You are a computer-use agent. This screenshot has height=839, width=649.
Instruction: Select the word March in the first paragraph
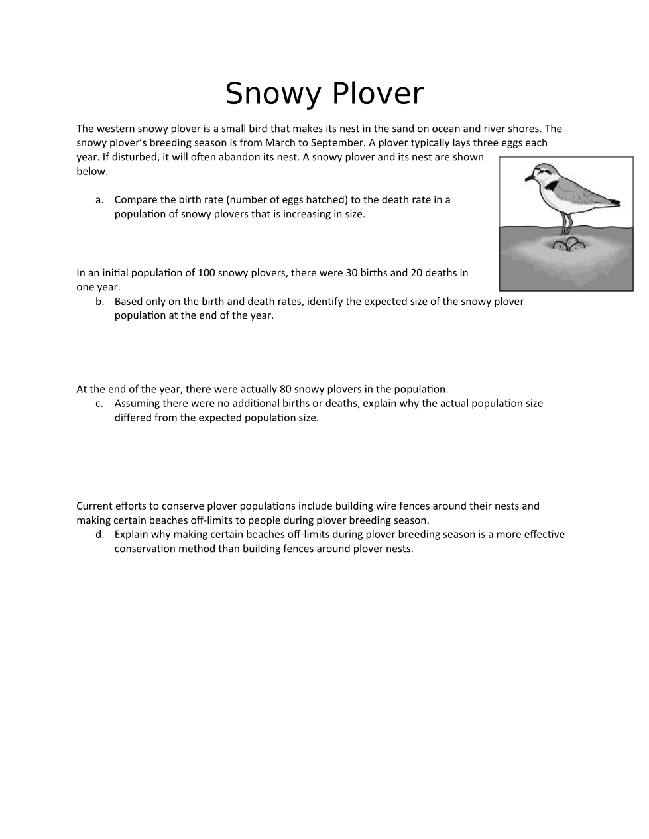(x=280, y=142)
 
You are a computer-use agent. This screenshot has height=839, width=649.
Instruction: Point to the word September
(x=335, y=142)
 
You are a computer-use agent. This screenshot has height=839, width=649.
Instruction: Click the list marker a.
(x=99, y=200)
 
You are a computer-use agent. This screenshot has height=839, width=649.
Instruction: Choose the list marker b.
(x=99, y=302)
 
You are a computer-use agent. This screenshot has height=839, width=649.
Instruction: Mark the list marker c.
(x=99, y=404)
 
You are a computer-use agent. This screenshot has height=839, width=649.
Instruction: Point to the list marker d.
(x=99, y=535)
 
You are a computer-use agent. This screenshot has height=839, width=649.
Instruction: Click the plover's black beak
(x=529, y=178)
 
